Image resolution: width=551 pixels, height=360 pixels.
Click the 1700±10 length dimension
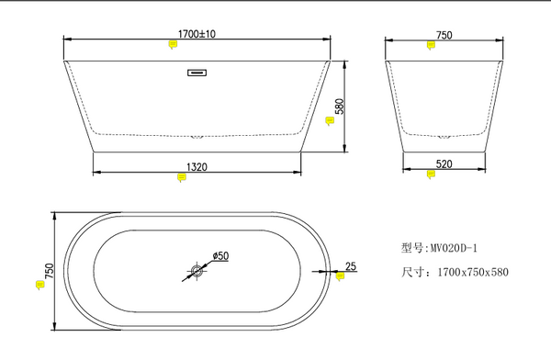197,34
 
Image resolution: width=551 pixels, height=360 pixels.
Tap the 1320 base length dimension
197,166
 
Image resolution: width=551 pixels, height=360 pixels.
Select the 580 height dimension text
340,107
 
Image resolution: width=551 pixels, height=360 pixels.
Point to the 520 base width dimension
444,163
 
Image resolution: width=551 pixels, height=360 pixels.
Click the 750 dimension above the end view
444,36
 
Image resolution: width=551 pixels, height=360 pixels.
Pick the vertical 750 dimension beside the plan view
50,271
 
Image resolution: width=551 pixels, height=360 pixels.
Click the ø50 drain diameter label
220,256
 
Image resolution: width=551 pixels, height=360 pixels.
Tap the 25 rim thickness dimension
351,266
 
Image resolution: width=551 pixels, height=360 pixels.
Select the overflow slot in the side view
197,73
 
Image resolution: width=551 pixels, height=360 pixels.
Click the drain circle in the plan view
197,271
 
